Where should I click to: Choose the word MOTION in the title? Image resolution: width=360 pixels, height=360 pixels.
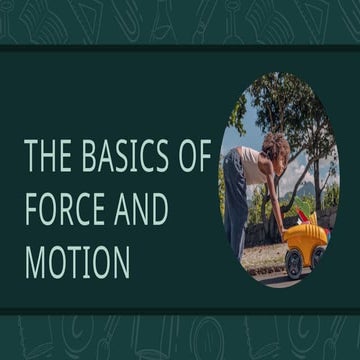(77, 262)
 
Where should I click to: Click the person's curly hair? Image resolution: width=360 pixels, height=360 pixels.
(276, 149)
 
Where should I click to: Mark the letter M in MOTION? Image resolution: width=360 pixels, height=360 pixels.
(37, 262)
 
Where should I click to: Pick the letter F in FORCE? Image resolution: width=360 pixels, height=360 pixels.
(31, 210)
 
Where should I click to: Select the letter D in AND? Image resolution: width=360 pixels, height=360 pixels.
(161, 210)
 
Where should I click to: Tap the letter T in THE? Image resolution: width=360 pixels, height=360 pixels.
(30, 157)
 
